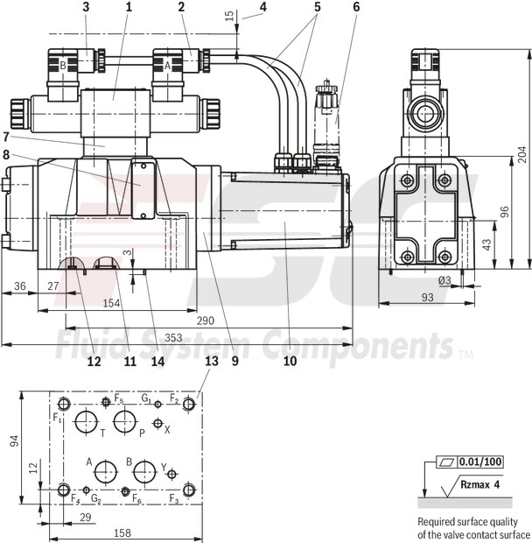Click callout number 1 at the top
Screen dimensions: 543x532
tap(128, 7)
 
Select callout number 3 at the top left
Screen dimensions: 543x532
tap(86, 7)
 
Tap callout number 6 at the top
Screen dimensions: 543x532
tap(356, 7)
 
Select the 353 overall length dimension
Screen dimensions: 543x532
tap(175, 336)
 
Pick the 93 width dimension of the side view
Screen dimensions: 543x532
tap(428, 298)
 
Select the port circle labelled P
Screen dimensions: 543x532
tap(125, 421)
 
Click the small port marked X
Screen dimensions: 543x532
tap(157, 425)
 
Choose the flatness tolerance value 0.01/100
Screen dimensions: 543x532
tap(480, 462)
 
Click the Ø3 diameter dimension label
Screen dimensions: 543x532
tap(444, 280)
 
